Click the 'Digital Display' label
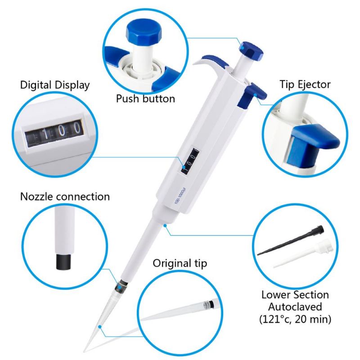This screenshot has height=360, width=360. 54,85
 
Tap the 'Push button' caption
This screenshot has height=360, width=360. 145,99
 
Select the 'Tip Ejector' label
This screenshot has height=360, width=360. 305,84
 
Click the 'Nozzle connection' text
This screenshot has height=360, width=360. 65,197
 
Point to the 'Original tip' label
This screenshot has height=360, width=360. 180,263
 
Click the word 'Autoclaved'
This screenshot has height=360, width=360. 295,307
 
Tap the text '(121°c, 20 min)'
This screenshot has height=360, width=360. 295,319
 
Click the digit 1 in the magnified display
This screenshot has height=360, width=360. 46,134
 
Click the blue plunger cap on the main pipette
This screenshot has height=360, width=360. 251,51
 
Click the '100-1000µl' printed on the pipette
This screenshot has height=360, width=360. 180,196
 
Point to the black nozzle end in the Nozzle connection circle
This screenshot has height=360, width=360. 63,261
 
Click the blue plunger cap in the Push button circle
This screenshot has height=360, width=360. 144,32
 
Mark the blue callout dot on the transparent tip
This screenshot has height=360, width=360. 99,327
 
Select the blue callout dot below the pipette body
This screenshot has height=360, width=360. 165,226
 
